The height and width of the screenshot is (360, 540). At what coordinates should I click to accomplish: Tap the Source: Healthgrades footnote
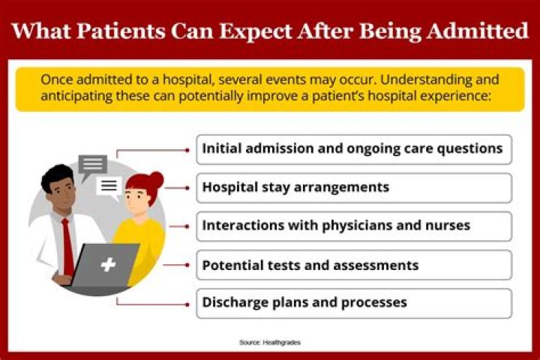[270, 342]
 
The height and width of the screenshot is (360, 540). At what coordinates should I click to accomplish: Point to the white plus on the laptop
[109, 265]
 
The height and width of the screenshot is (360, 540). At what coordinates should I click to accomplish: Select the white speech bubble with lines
[109, 185]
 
